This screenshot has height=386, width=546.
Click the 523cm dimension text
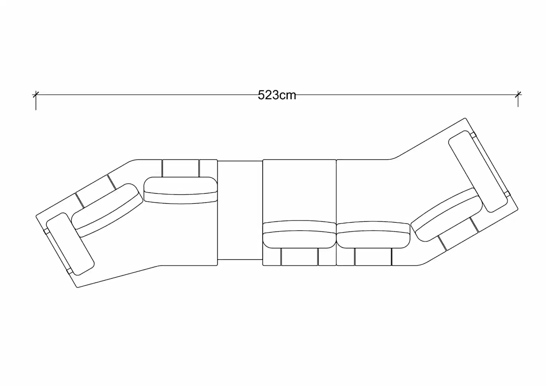point(277,95)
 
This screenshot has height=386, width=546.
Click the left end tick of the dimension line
point(35,95)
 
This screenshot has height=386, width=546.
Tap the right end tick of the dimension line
point(518,94)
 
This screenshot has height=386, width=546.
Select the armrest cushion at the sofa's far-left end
point(70,244)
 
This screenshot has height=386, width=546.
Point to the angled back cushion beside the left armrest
point(106,210)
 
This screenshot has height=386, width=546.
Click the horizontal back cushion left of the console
point(180,190)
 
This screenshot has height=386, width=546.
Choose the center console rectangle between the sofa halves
point(240,210)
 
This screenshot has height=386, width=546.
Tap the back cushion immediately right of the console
point(299,234)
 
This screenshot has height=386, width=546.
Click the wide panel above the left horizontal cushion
point(180,168)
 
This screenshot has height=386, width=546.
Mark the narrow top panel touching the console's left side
point(208,168)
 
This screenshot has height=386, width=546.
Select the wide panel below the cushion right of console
point(299,257)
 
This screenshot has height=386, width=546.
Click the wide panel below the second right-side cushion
point(373,257)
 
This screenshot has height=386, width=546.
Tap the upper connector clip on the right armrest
point(474,135)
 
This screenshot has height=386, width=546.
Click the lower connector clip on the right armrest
point(507,194)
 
